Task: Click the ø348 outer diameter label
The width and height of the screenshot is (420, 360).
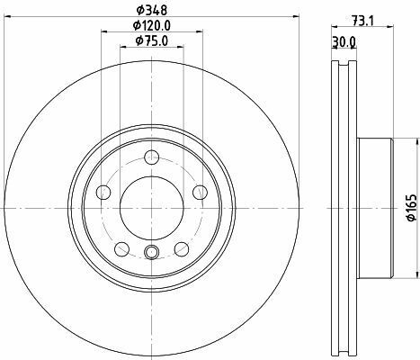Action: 151,10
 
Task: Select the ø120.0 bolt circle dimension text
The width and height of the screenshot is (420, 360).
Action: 152,25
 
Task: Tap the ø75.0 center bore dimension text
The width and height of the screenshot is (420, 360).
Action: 152,40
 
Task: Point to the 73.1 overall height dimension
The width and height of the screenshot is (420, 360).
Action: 362,21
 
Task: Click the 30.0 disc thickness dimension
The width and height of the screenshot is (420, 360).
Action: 344,42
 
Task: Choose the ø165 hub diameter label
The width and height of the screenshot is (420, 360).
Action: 412,208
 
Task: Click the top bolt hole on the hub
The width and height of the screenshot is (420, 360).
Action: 152,157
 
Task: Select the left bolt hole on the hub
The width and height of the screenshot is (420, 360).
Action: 103,193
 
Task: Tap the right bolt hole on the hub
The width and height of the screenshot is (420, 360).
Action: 200,193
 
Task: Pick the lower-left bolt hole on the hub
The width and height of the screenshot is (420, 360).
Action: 122,249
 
